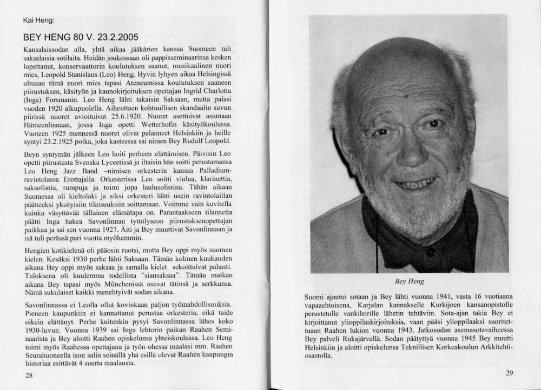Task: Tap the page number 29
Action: [509, 373]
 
